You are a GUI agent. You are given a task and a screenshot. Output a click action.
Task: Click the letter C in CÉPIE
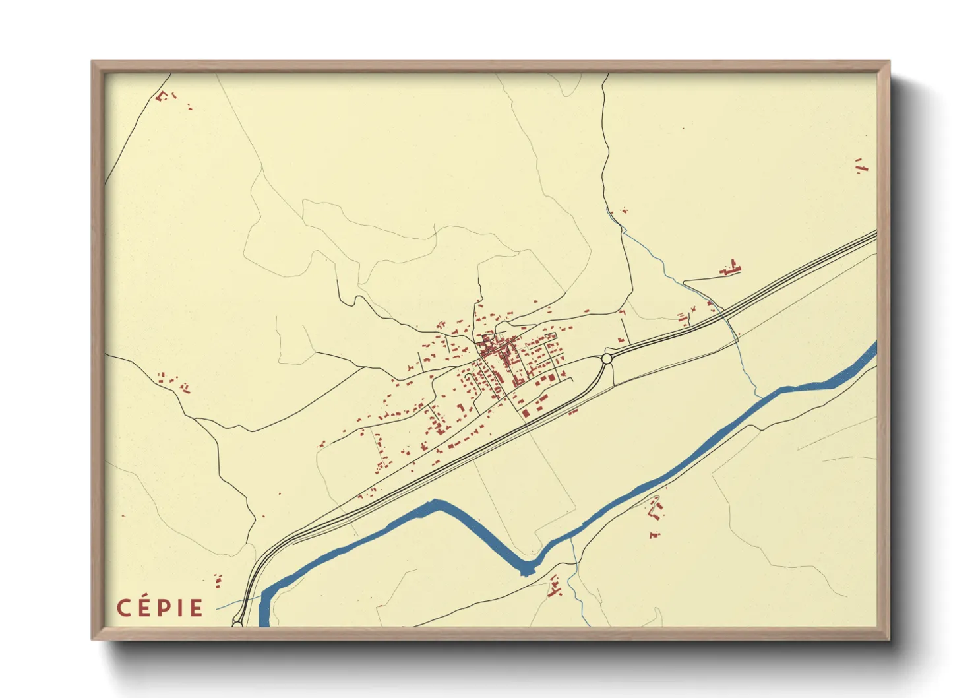pos(123,608)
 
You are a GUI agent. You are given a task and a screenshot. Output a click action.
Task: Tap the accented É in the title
pos(144,607)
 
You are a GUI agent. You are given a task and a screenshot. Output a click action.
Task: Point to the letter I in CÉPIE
pos(179,608)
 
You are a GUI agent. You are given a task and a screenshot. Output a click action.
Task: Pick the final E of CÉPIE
pos(196,608)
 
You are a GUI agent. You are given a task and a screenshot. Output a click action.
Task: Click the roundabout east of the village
pos(607,358)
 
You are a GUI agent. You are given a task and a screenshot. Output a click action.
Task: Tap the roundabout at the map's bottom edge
pos(237,623)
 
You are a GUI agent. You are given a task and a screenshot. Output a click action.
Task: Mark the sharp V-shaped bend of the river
pos(526,569)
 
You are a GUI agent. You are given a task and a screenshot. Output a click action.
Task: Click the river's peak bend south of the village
pos(435,505)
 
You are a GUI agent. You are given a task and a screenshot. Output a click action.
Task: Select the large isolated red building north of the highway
pos(731,269)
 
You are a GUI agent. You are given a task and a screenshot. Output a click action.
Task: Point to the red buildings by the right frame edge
pos(861,166)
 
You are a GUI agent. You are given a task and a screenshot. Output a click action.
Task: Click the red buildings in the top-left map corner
pos(163,96)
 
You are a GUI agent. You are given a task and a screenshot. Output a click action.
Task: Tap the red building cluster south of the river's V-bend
pos(555,587)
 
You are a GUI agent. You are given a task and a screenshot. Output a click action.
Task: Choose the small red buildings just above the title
pos(218,581)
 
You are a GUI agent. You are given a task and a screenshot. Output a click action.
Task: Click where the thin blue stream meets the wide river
pos(760,397)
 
